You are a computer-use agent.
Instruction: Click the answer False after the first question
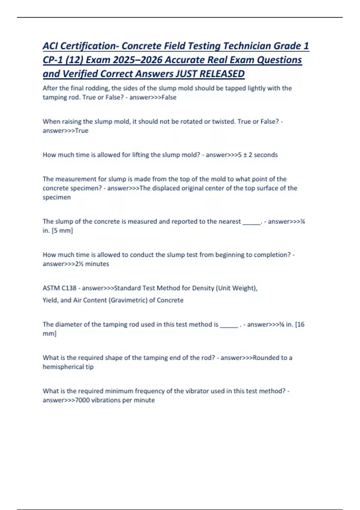click(x=169, y=97)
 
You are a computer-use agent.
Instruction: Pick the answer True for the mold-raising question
click(x=82, y=130)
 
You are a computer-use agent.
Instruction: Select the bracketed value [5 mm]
click(x=62, y=230)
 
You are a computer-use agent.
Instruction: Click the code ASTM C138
click(x=59, y=288)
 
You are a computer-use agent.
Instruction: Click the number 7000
click(x=82, y=400)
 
